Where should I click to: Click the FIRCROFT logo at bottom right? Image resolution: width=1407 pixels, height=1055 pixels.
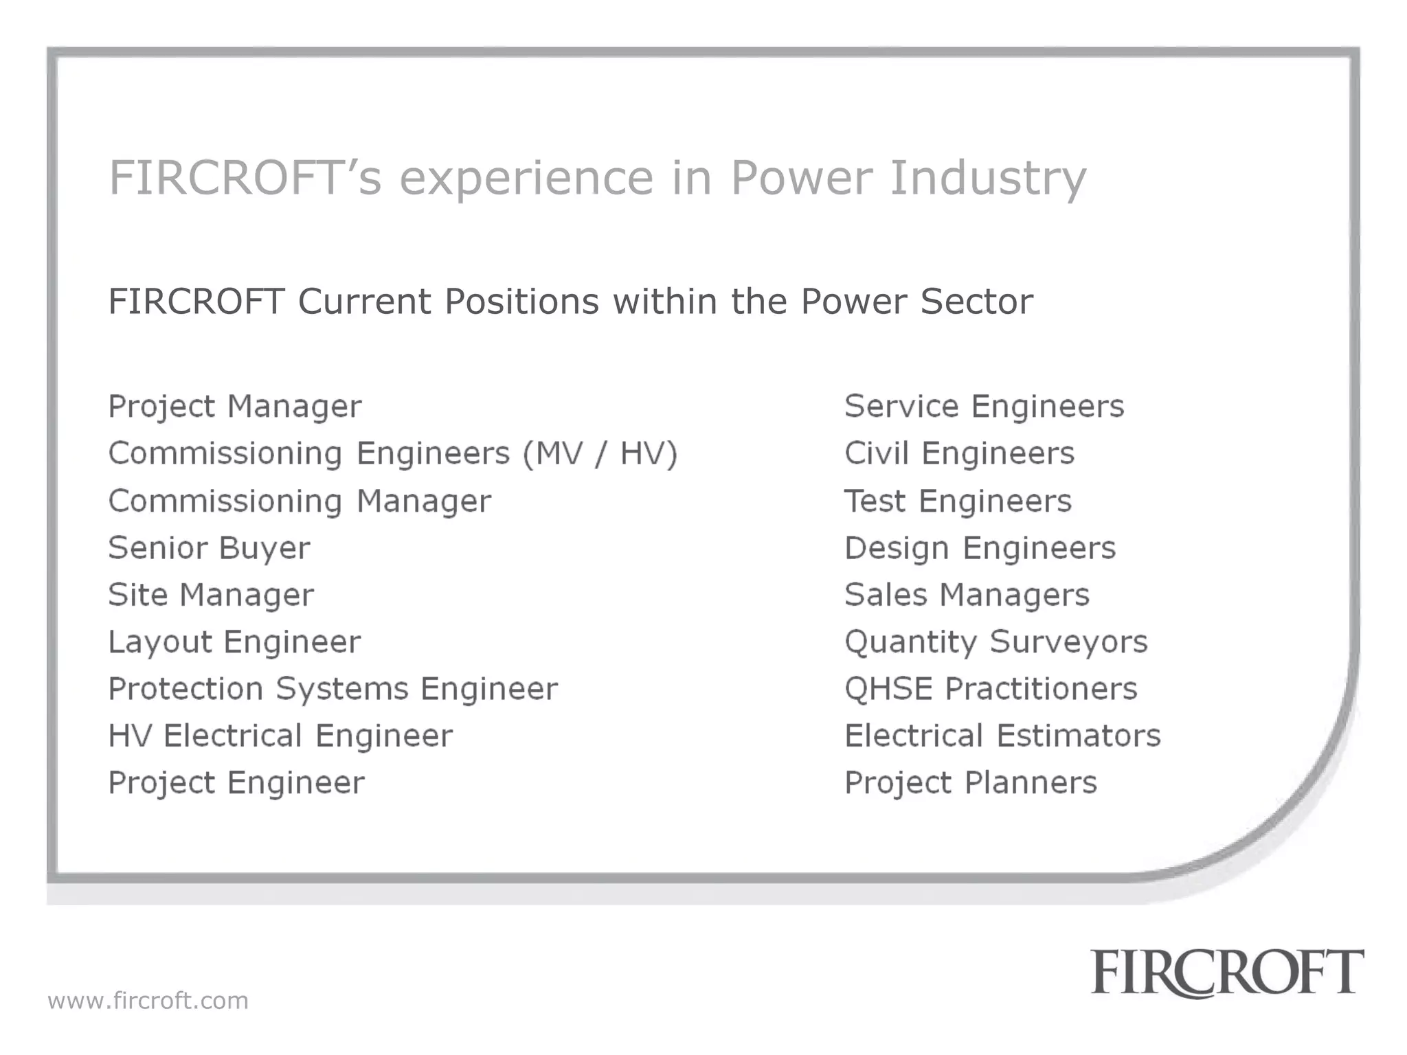(1227, 973)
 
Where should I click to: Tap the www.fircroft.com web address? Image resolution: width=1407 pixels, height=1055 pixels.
(148, 1001)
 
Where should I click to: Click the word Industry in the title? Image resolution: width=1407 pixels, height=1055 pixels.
(988, 178)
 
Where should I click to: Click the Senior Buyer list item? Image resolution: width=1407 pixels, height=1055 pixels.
(209, 548)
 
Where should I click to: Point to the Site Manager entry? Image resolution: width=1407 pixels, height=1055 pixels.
(211, 595)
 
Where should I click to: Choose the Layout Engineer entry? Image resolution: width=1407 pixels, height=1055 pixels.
(234, 642)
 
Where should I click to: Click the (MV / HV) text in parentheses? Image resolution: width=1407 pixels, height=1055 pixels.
(600, 454)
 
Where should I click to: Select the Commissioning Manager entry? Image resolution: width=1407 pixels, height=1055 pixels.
(300, 501)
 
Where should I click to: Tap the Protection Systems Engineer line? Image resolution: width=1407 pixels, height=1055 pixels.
(333, 689)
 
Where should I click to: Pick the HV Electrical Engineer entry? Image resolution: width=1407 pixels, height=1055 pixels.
(280, 736)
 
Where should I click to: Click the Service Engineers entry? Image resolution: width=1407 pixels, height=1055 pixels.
(984, 406)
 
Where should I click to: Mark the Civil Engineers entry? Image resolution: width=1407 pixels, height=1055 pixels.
(959, 453)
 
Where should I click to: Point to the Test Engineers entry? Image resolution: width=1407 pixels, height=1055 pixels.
(958, 501)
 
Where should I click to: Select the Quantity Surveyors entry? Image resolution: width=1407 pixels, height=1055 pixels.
(995, 642)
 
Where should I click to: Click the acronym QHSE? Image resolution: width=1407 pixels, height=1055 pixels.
(888, 689)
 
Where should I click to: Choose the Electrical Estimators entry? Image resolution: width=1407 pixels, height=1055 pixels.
(1002, 736)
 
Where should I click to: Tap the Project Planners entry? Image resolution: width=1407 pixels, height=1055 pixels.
(970, 783)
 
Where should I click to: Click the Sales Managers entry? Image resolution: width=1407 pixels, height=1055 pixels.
(967, 595)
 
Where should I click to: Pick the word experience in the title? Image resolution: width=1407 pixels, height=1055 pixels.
(526, 178)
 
